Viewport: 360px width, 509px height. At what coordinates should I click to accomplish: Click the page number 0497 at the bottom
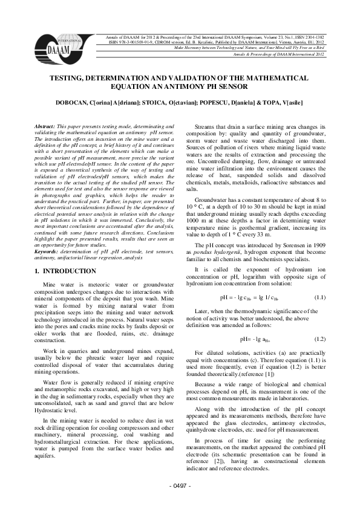[180, 486]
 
